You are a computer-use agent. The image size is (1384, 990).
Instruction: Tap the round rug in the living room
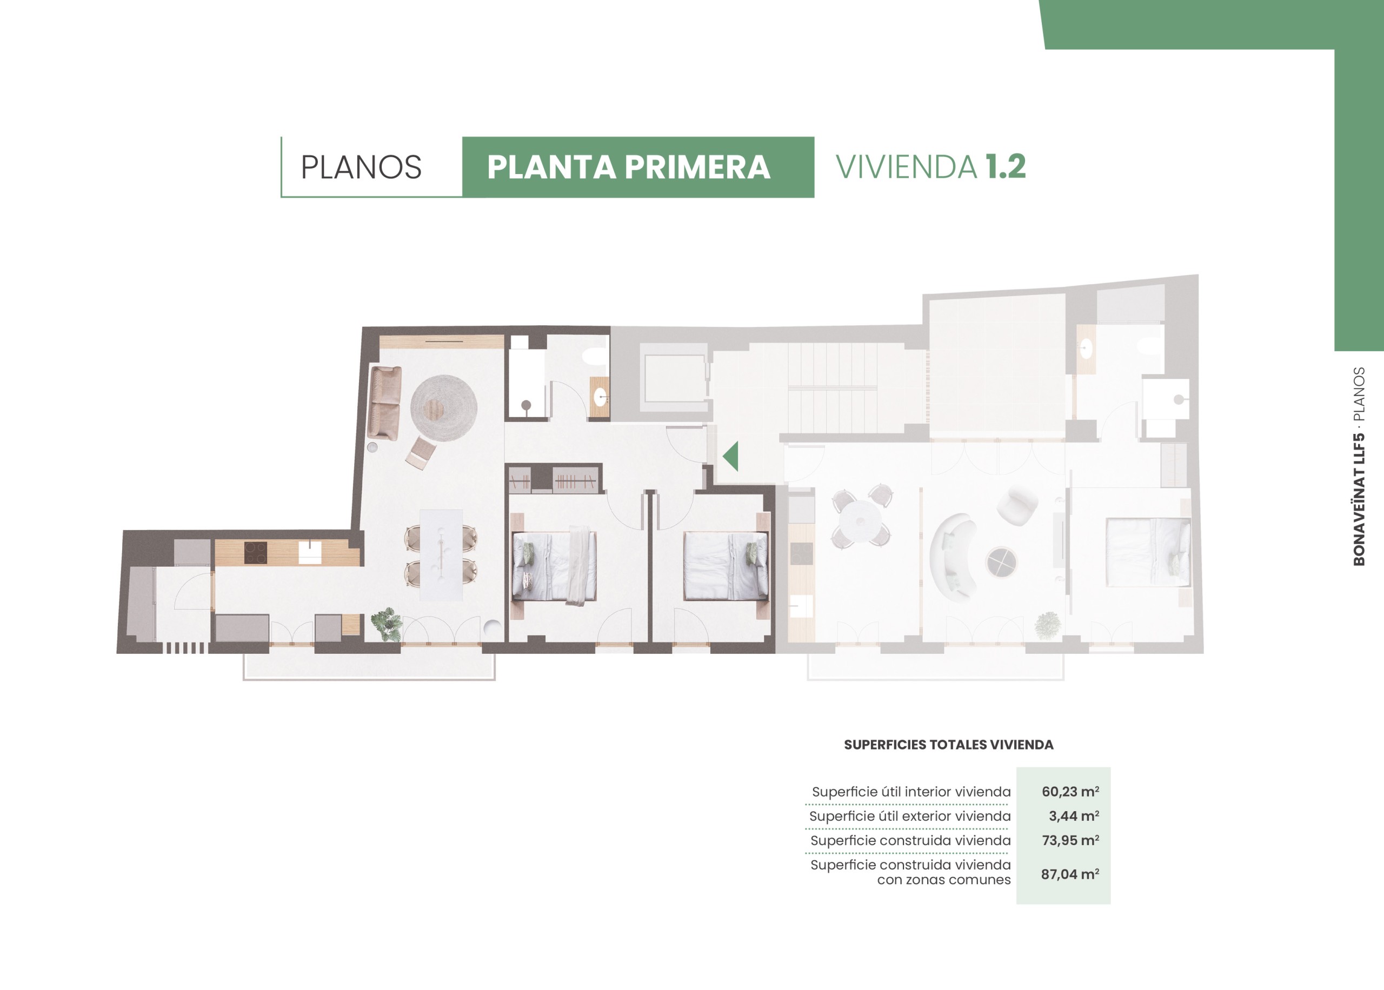(443, 408)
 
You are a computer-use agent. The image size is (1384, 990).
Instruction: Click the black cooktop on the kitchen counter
(256, 552)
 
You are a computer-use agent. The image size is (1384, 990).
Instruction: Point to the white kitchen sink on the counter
(310, 552)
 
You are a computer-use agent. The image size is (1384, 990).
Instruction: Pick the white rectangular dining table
(441, 555)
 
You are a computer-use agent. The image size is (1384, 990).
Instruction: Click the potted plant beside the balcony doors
(387, 624)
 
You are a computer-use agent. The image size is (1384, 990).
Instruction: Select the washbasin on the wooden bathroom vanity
(601, 398)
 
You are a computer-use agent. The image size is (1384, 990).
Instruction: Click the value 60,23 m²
(1070, 791)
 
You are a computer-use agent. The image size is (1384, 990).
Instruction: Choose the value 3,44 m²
(1074, 815)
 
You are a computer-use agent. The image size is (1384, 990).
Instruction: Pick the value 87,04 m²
(1070, 874)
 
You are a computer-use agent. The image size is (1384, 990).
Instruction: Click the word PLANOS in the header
(361, 167)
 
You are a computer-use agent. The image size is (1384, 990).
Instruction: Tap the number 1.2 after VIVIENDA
(1006, 166)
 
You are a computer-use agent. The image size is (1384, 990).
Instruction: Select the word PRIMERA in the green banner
(697, 167)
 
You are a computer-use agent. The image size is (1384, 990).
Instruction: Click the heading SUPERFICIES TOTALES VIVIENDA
(949, 745)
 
